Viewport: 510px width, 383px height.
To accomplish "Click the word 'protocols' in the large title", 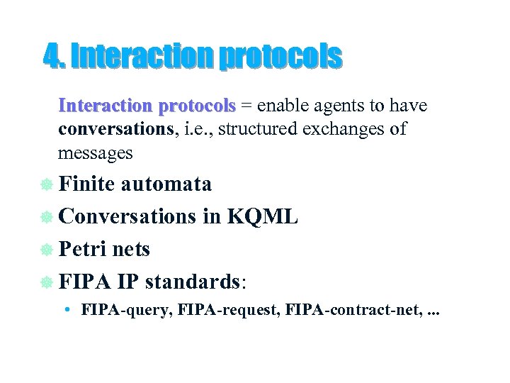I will click(x=280, y=56).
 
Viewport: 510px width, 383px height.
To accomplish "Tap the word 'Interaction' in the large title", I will click(x=142, y=56).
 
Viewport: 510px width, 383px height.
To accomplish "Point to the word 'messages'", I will click(x=95, y=153).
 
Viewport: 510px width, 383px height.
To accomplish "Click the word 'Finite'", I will click(x=87, y=184).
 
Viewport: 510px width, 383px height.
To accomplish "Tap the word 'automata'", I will click(x=166, y=184).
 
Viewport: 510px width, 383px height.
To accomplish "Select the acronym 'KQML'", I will click(x=263, y=217).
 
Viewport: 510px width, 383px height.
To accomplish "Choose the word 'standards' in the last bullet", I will click(x=193, y=282).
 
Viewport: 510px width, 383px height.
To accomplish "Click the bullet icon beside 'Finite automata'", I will click(x=46, y=185).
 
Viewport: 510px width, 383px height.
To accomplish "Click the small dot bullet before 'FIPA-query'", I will click(x=64, y=310).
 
